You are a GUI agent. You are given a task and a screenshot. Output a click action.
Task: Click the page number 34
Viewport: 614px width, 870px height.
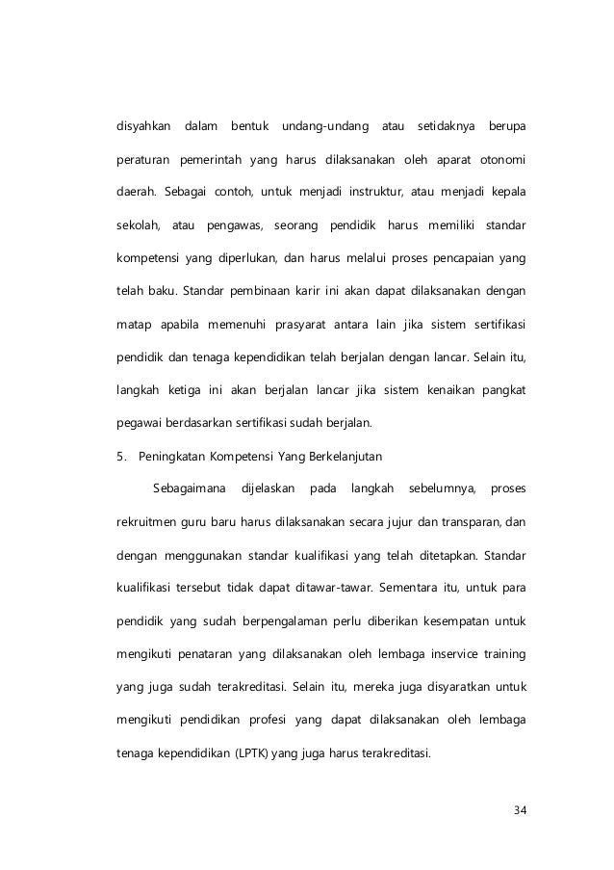(520, 808)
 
